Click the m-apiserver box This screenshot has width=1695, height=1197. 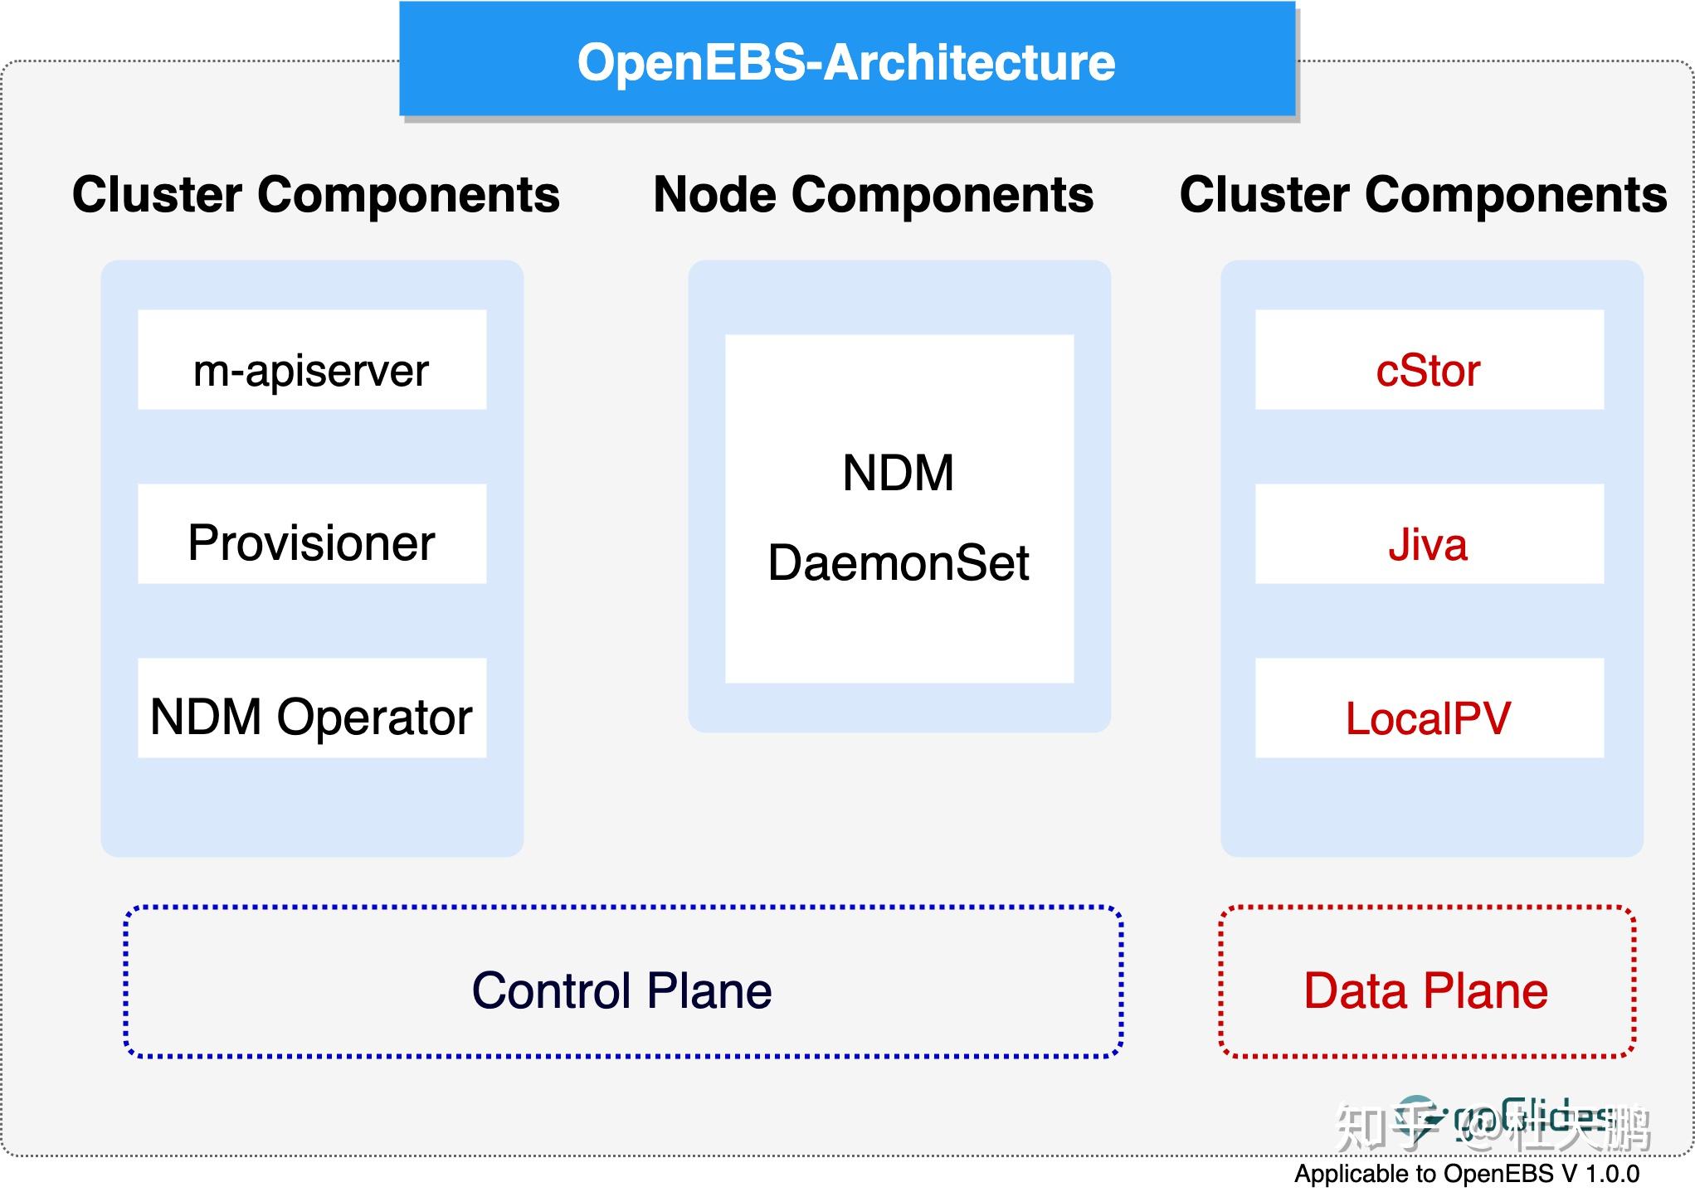pos(311,360)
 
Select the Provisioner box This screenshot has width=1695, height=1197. pos(311,534)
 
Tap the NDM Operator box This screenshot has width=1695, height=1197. pos(311,708)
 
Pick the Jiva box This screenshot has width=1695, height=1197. pos(1429,534)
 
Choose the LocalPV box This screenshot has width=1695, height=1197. pos(1429,708)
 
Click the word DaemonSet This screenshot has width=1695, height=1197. pos(898,563)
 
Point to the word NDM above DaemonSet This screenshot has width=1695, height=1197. pos(898,473)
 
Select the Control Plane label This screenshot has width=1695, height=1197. pos(621,990)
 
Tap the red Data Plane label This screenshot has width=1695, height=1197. pos(1425,990)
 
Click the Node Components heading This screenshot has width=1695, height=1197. pos(873,195)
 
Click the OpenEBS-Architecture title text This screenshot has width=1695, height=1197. pos(846,62)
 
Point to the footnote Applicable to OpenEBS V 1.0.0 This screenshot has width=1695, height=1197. pos(1466,1174)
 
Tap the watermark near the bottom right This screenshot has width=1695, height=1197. pos(1493,1126)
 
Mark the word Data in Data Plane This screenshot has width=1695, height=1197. pos(1355,990)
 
